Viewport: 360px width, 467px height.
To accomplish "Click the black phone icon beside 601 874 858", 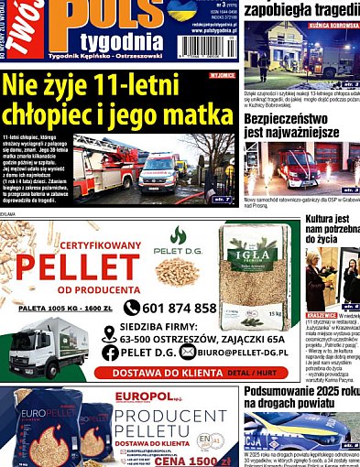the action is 132,309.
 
